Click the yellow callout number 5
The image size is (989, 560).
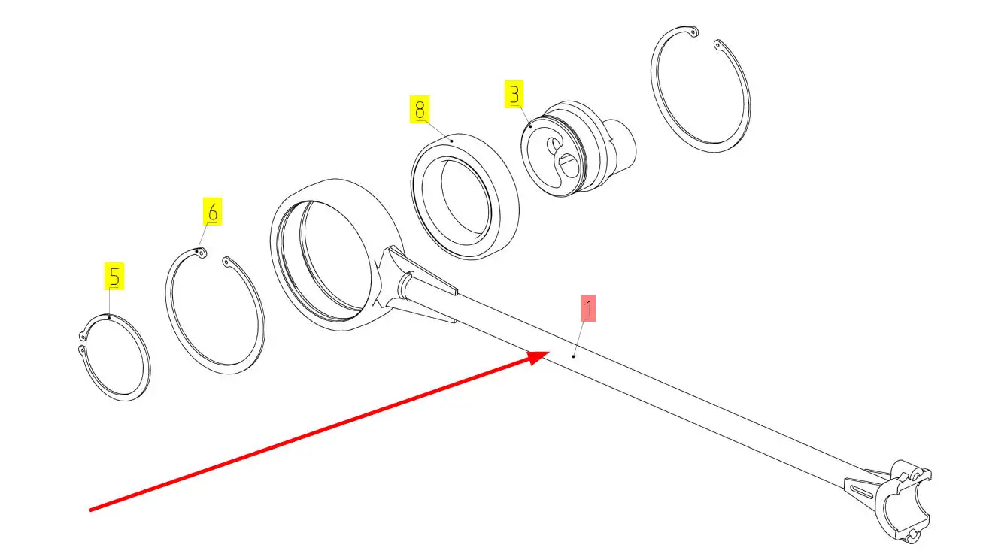pos(114,276)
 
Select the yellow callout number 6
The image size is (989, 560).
pos(213,213)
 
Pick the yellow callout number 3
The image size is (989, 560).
pos(514,95)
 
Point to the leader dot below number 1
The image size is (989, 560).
pos(575,356)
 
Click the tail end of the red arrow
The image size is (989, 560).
pos(92,510)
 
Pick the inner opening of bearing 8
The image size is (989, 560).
pos(460,199)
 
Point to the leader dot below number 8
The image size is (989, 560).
pos(451,140)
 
